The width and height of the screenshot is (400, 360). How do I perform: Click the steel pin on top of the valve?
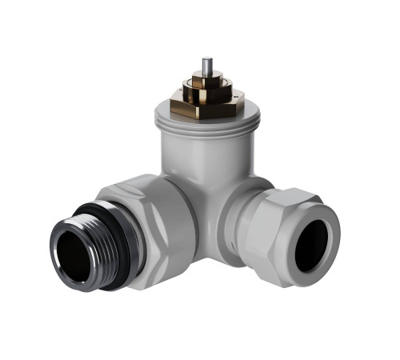coord(207,66)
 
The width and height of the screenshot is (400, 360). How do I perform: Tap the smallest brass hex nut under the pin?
coord(206,80)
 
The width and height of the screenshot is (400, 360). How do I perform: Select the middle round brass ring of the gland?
coord(206,90)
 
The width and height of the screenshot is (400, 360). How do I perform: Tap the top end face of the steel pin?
coord(207,59)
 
